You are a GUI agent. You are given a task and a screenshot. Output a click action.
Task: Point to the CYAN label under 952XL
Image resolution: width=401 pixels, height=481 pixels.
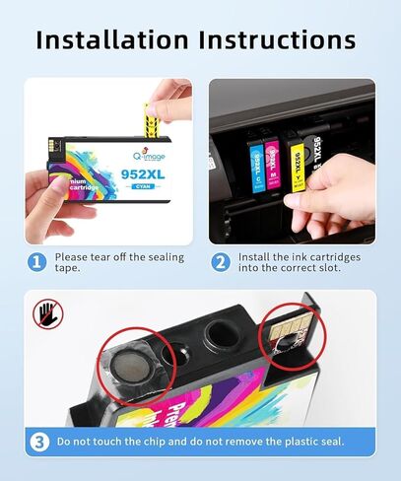(x=115, y=184)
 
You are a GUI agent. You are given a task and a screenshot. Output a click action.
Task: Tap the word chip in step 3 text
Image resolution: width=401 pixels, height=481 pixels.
(x=154, y=442)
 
